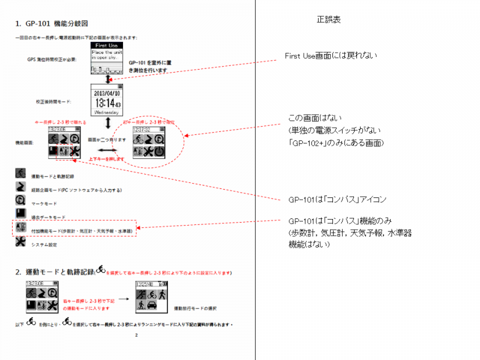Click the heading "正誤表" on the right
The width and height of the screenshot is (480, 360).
(x=329, y=20)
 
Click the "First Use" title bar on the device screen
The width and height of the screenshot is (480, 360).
(x=106, y=45)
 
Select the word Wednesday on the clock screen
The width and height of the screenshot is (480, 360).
(x=106, y=112)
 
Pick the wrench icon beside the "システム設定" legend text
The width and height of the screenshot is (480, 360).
(x=20, y=243)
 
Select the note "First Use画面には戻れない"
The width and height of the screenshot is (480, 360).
(x=332, y=56)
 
